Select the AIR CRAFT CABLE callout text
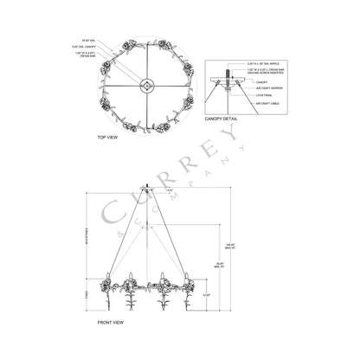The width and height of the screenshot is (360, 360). click(267, 102)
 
